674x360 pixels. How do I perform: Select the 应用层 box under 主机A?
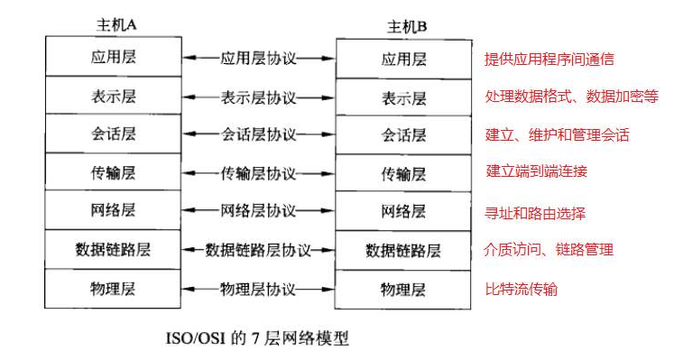point(114,57)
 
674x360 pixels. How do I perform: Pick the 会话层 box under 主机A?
point(114,134)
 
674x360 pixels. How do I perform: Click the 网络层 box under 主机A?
point(114,210)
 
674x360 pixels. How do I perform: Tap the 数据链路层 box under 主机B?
point(403,250)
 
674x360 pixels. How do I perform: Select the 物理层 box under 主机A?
point(114,288)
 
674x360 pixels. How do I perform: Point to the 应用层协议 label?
point(258,59)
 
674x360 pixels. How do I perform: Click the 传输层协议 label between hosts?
point(258,172)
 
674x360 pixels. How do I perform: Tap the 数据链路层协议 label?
point(258,249)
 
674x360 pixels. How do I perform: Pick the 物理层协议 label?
point(258,289)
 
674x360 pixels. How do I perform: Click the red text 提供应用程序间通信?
point(549,60)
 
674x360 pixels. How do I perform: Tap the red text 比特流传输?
point(522,290)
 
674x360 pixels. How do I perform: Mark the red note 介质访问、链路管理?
point(549,250)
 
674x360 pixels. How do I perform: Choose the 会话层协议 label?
point(258,134)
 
